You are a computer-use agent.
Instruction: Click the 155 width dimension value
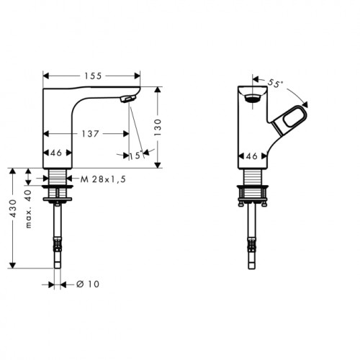pos(93,76)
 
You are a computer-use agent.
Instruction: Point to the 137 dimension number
pos(90,134)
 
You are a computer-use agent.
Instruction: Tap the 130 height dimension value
pos(158,127)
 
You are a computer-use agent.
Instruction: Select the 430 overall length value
pos(13,208)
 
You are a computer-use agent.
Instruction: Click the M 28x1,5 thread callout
pos(103,179)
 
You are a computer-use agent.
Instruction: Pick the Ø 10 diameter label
pos(88,284)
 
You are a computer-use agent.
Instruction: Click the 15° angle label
pos(136,156)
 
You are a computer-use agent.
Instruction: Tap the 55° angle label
pos(275,83)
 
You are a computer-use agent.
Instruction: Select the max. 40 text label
pos(29,209)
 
